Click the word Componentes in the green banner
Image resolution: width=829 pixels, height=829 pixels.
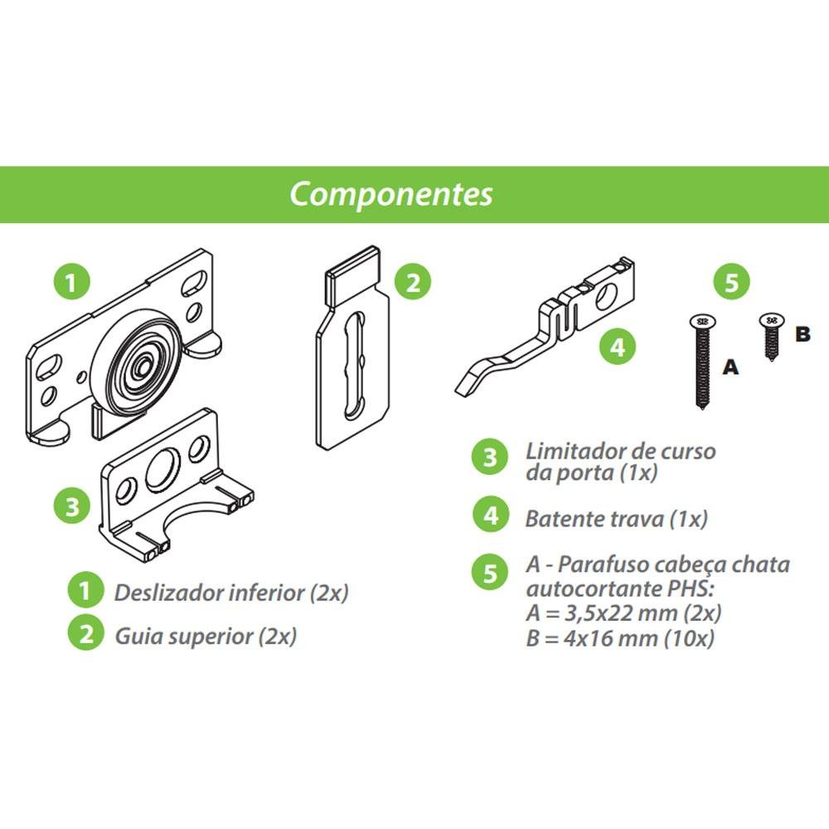[x=390, y=194]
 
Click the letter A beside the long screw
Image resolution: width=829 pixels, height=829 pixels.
[x=730, y=366]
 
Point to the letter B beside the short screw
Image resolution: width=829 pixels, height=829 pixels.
[x=801, y=334]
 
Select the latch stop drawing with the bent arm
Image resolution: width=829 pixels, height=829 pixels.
[x=547, y=332]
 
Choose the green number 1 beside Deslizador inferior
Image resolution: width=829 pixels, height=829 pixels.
[x=85, y=592]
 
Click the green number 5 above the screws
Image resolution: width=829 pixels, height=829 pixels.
[x=730, y=282]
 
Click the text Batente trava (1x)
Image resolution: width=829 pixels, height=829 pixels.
[x=616, y=519]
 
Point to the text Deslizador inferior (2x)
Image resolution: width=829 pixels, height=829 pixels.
[x=231, y=593]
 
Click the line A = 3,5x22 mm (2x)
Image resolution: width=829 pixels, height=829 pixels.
[x=623, y=614]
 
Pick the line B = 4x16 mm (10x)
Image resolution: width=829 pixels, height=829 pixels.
[x=619, y=638]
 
